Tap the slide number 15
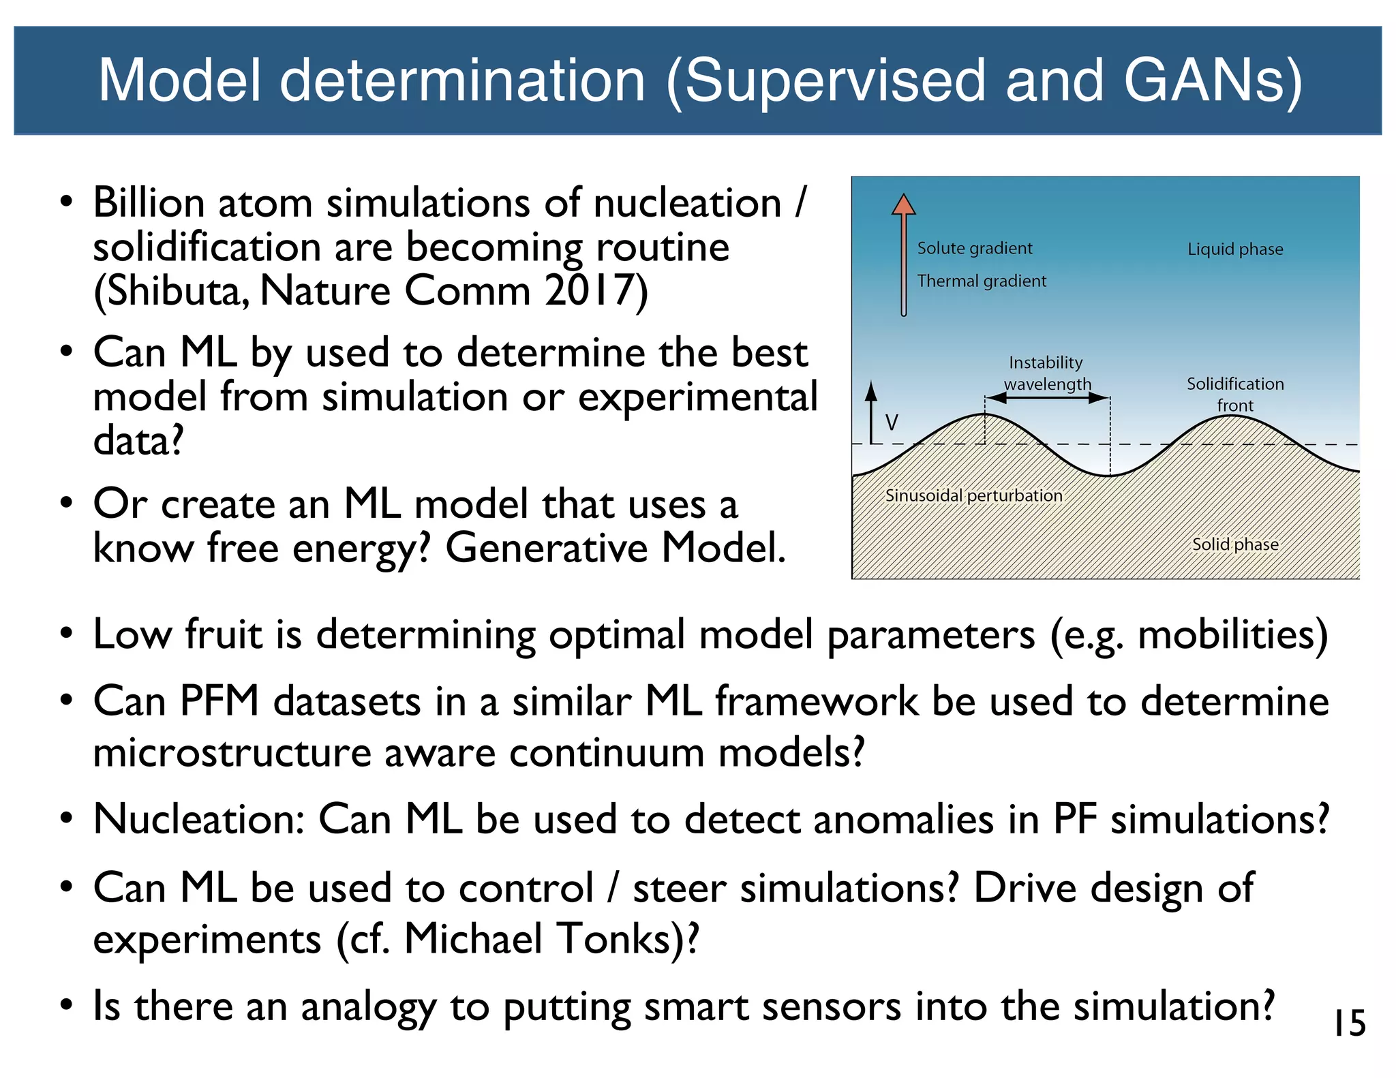click(x=1349, y=1023)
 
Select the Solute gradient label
click(x=974, y=248)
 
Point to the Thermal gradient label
click(x=981, y=281)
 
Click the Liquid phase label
click(x=1234, y=249)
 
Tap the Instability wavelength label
click(x=1046, y=373)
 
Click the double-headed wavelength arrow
click(x=1047, y=398)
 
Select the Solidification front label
click(x=1234, y=394)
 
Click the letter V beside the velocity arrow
click(x=892, y=423)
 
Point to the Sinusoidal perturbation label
click(x=973, y=495)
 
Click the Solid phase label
click(x=1234, y=544)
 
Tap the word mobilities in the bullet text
click(x=1224, y=635)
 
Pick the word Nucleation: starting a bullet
click(x=199, y=819)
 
